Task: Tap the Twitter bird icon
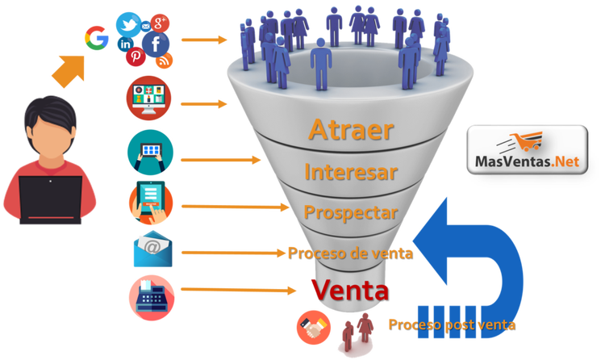click(x=127, y=24)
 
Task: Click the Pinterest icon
click(x=135, y=58)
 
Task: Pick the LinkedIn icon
click(x=127, y=44)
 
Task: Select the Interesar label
click(x=350, y=172)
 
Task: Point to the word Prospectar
click(x=350, y=212)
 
